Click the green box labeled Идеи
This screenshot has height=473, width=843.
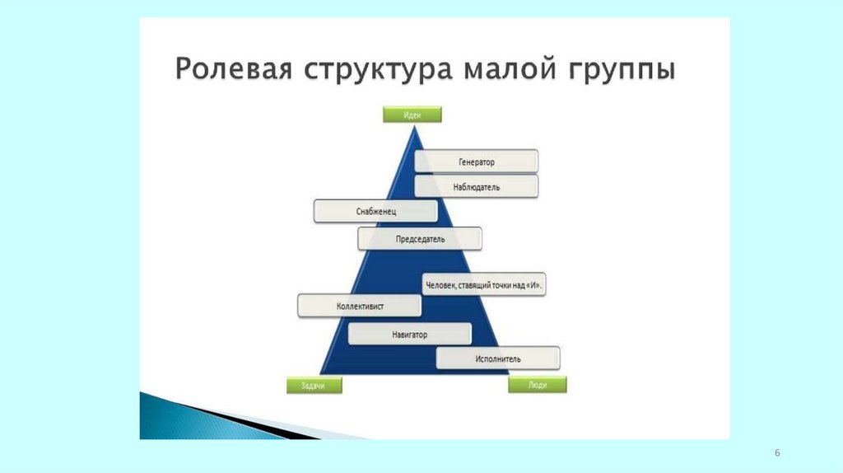pyautogui.click(x=412, y=115)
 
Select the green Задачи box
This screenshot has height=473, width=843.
pyautogui.click(x=314, y=385)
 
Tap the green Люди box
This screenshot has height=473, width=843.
pyautogui.click(x=538, y=385)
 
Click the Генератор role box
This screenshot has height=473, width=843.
pyautogui.click(x=477, y=162)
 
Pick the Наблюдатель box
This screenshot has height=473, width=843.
pyautogui.click(x=477, y=187)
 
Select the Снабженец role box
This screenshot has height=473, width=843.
pyautogui.click(x=375, y=212)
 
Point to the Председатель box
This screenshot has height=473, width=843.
pyautogui.click(x=420, y=239)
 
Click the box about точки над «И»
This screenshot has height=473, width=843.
pyautogui.click(x=486, y=285)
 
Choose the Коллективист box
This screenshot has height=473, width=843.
pyautogui.click(x=360, y=307)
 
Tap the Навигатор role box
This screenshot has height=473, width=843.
pyautogui.click(x=409, y=335)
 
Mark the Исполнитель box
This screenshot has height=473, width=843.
pyautogui.click(x=497, y=358)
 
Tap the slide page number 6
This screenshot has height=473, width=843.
pyautogui.click(x=777, y=454)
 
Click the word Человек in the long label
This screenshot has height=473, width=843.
pyautogui.click(x=445, y=286)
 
